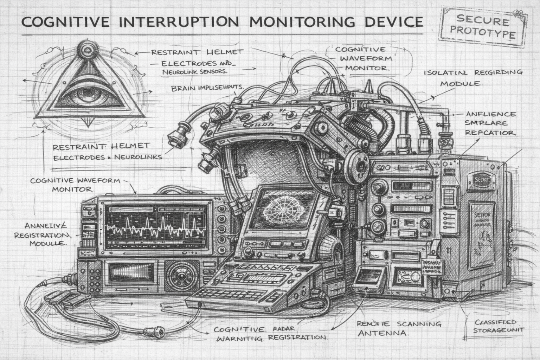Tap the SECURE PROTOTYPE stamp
(x=482, y=27)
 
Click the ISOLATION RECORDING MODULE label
(x=473, y=78)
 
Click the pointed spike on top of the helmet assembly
(x=369, y=86)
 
